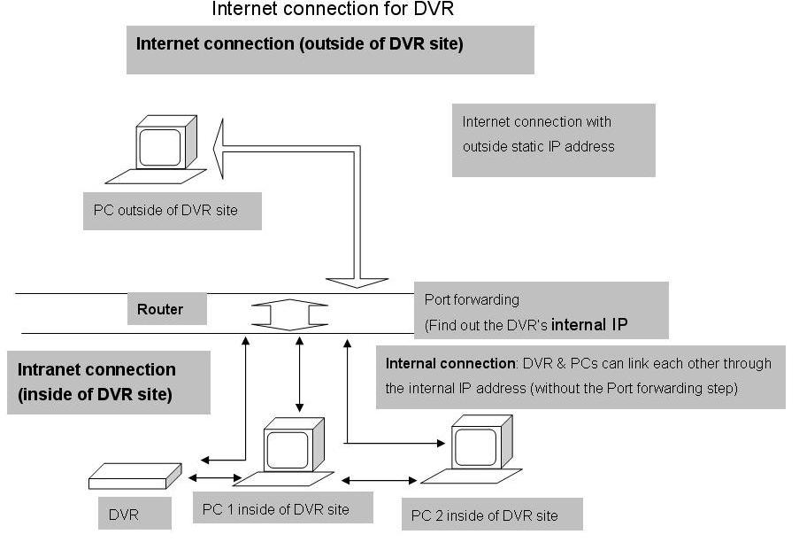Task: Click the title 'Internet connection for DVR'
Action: (x=332, y=9)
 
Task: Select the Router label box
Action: (x=167, y=308)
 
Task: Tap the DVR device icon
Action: (x=135, y=476)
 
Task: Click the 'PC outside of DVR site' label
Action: (x=165, y=210)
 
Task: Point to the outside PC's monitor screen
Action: (x=160, y=148)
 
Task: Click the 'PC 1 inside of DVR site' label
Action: (x=276, y=509)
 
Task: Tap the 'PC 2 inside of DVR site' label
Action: (x=485, y=515)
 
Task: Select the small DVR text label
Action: (x=123, y=515)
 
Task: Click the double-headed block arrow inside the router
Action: (x=289, y=314)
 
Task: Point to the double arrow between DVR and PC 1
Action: (x=215, y=477)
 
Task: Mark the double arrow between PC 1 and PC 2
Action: (x=379, y=480)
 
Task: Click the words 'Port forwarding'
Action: (x=472, y=300)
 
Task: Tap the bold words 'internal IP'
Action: (x=589, y=325)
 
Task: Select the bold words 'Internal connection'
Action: (x=450, y=363)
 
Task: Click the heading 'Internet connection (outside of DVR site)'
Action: (x=300, y=44)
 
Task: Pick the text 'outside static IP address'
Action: (x=539, y=147)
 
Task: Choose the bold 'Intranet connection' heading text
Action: (x=96, y=369)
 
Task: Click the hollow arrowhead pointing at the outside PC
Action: (x=219, y=149)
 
